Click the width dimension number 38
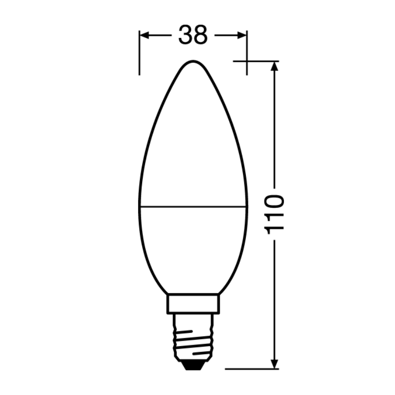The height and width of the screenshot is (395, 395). coord(193,35)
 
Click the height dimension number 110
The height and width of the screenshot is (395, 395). coord(275,214)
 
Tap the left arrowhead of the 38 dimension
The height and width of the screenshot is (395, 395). coord(144,36)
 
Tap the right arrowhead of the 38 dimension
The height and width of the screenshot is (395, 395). coord(242,36)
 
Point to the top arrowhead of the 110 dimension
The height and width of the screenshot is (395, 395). coord(275,66)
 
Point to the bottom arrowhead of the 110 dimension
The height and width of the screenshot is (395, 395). coord(275,364)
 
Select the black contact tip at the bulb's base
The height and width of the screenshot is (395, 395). coord(193,366)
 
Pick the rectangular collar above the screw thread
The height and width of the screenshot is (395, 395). coord(193,304)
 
